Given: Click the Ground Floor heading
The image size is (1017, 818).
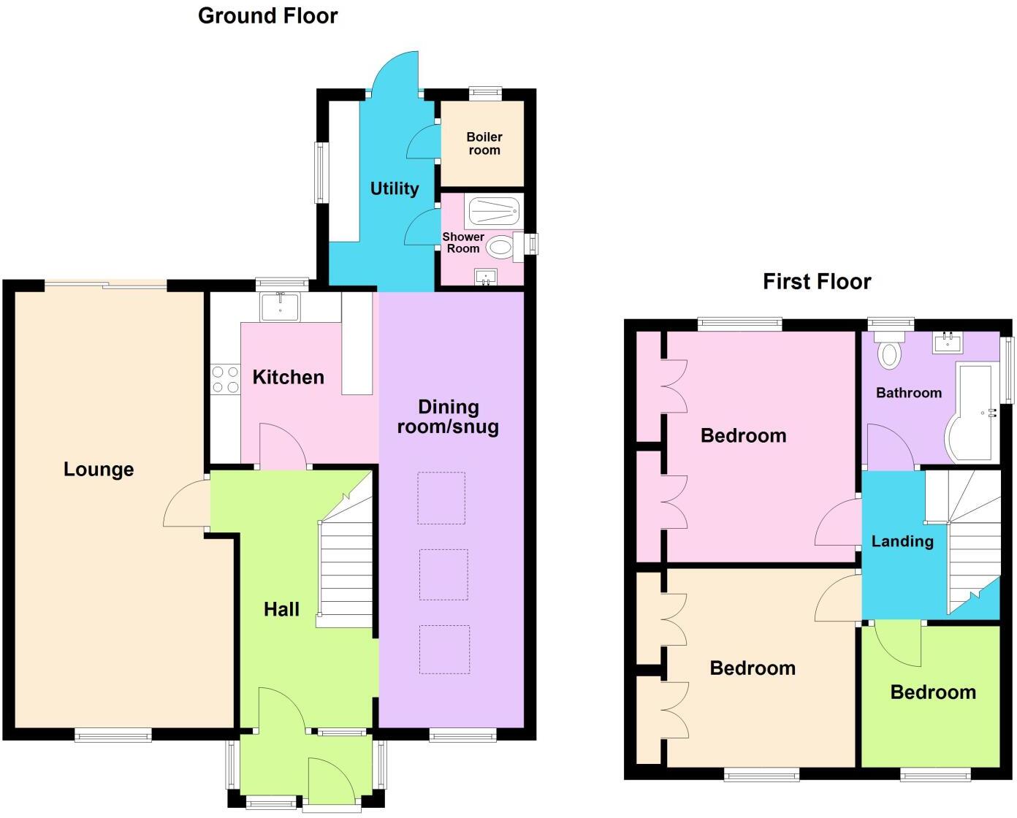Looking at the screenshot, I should click(x=267, y=16).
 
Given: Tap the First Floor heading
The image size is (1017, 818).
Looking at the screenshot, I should click(x=817, y=281).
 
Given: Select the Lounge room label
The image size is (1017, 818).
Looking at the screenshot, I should click(x=99, y=469).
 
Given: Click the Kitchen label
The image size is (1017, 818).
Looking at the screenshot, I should click(x=288, y=377).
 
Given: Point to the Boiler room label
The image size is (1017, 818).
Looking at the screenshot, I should click(x=484, y=143).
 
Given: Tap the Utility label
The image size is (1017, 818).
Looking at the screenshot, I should click(x=395, y=188).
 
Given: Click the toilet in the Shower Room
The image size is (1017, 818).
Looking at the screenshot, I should click(x=501, y=248).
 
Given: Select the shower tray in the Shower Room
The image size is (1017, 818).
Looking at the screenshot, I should click(x=493, y=210).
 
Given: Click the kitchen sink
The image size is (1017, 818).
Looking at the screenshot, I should click(x=279, y=307).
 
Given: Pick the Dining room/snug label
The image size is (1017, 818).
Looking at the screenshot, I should click(x=448, y=416).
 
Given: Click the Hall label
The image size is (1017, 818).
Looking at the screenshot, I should click(x=281, y=609).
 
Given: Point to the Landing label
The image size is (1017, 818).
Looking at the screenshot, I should click(x=902, y=541).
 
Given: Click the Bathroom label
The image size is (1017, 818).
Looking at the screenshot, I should click(x=909, y=393).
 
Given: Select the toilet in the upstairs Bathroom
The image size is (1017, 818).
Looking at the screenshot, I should click(x=889, y=353).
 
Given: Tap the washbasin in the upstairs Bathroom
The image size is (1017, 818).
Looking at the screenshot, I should click(x=947, y=342).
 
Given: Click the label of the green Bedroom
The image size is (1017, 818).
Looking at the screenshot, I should click(x=933, y=692).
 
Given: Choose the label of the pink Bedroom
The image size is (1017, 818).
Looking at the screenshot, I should click(x=743, y=435).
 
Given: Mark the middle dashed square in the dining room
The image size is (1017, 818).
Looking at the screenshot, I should click(x=443, y=575).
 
